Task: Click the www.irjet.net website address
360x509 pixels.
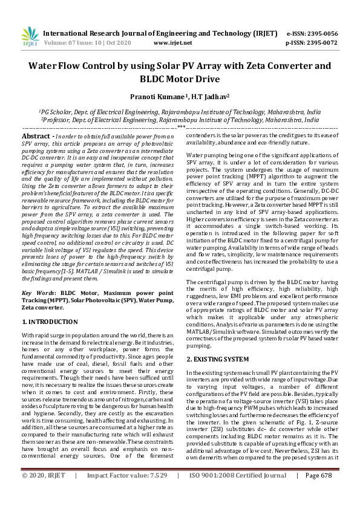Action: click(173, 44)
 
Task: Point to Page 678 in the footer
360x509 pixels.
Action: click(319, 493)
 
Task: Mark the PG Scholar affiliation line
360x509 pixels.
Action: click(180, 112)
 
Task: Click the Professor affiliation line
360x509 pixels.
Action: click(180, 120)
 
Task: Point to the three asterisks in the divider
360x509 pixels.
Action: click(180, 128)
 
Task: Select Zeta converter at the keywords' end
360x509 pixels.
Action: click(51, 308)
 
